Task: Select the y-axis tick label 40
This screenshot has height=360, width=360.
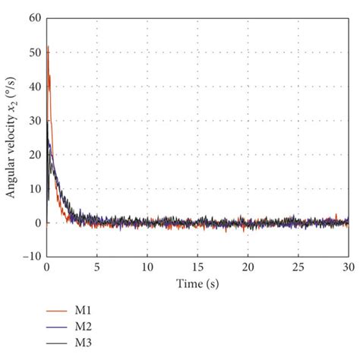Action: coord(35,87)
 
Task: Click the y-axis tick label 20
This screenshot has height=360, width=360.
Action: coord(35,155)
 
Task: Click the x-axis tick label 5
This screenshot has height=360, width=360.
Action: coord(97,267)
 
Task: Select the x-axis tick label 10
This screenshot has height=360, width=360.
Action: coord(147,267)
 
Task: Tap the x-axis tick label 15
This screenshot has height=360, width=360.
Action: coord(197,267)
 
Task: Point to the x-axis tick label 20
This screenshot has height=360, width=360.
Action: coord(248,267)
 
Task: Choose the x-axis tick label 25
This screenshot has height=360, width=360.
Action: coord(298,267)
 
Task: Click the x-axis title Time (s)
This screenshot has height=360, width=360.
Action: coord(197,284)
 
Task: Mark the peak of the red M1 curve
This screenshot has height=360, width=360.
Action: coord(48,46)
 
